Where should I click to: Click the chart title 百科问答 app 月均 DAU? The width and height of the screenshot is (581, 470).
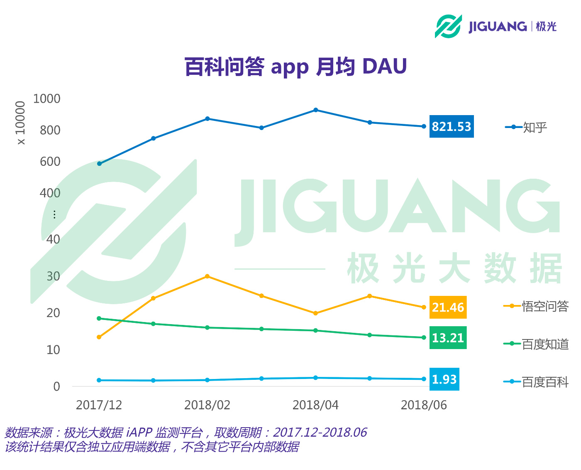coord(295,66)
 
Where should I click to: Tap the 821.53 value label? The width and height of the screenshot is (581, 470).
coord(452,126)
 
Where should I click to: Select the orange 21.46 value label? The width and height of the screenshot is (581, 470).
coord(448,307)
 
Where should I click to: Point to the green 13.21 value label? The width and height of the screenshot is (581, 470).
coord(448,338)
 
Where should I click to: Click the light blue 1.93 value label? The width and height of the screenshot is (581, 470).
coord(444,379)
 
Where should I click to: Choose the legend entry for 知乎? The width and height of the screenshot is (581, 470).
coord(526,127)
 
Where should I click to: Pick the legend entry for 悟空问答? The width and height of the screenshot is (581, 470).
coord(536,306)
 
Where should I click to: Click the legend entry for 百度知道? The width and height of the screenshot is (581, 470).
coord(536,344)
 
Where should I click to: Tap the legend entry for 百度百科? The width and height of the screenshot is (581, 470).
coord(536,382)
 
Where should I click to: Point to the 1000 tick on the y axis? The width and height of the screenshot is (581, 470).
coord(46,98)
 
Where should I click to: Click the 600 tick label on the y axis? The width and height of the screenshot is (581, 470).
coord(50,162)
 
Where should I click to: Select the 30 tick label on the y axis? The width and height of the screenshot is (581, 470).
coord(53,276)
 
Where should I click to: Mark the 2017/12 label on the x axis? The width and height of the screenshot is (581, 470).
coord(99,405)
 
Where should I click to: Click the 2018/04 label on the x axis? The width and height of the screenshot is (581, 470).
coord(315,405)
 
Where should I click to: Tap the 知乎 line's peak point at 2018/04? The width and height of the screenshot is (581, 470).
coord(316,110)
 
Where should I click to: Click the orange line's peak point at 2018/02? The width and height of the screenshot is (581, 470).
coord(207,276)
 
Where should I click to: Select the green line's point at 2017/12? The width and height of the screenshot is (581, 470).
coord(99,318)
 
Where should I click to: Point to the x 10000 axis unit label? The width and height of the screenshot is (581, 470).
coord(20,123)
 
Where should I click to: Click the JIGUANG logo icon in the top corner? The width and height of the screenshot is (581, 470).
coord(448,26)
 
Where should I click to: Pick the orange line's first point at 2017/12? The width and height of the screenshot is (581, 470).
coord(99,337)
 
